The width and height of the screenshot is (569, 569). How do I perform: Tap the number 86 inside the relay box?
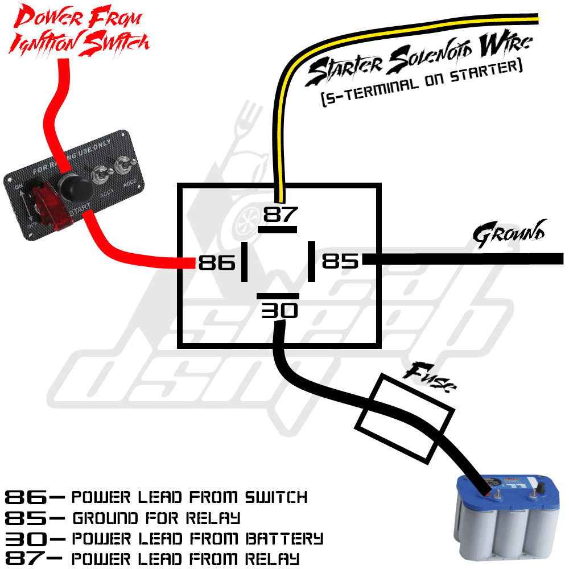coord(217,262)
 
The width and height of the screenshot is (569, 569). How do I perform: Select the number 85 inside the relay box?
coord(340,261)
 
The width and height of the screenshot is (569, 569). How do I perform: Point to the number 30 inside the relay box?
coord(280,311)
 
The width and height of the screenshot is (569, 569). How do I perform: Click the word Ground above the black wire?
coord(509,234)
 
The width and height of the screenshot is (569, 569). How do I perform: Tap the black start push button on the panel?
coord(75,187)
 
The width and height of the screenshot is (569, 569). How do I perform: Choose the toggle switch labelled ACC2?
coord(123,167)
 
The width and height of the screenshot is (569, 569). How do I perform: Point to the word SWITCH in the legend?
coord(276,497)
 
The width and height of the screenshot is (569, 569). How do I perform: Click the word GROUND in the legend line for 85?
coord(105,518)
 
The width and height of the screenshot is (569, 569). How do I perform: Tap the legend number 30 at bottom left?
coord(26,539)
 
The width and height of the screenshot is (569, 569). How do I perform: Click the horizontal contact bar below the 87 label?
coord(277,229)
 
